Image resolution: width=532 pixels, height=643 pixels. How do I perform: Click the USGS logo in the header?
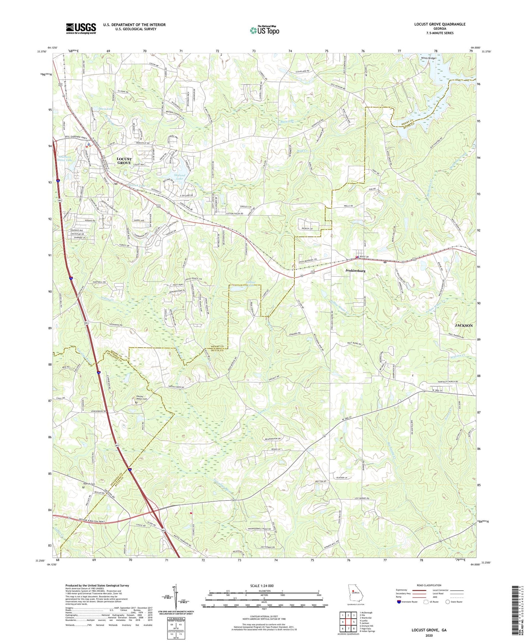pos(81,28)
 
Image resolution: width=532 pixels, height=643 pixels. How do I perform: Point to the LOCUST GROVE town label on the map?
pos(124,161)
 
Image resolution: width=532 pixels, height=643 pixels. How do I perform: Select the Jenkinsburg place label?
pos(355,271)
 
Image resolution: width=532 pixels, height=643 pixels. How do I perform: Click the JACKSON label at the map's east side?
pos(464,326)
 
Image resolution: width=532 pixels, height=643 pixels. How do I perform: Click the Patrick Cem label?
pos(89,484)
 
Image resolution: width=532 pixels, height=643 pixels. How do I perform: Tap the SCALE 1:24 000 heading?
pos(265,586)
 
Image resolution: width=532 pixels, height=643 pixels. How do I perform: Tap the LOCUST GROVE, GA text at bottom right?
pos(429,630)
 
